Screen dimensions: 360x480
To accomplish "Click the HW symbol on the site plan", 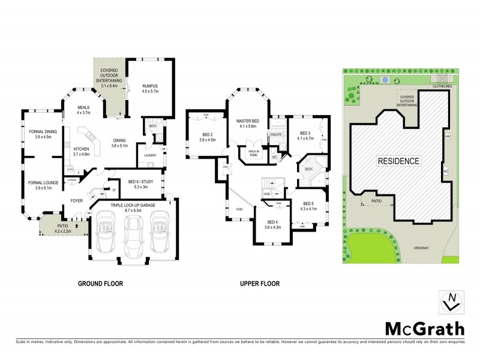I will tap(446, 137).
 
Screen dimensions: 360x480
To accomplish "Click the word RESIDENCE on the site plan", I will tap(398, 161).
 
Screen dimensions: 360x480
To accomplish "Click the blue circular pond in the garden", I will tap(384, 79).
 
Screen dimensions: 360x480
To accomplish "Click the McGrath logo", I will tap(424, 329).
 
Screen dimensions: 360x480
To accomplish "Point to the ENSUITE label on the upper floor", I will tap(276, 134).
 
